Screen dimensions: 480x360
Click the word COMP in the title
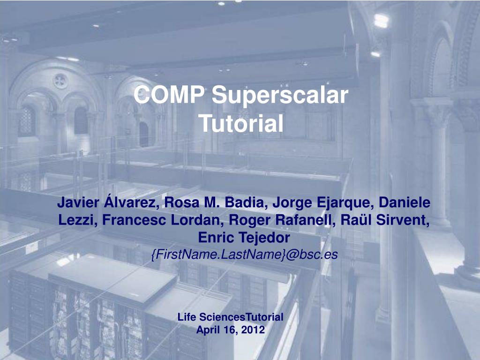(169, 95)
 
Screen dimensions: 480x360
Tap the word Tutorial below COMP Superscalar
(241, 124)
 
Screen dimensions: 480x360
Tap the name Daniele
(405, 202)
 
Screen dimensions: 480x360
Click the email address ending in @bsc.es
(245, 255)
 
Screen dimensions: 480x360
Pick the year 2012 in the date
(253, 330)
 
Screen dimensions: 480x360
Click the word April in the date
(208, 330)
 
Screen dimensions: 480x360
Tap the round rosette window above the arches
(60, 81)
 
